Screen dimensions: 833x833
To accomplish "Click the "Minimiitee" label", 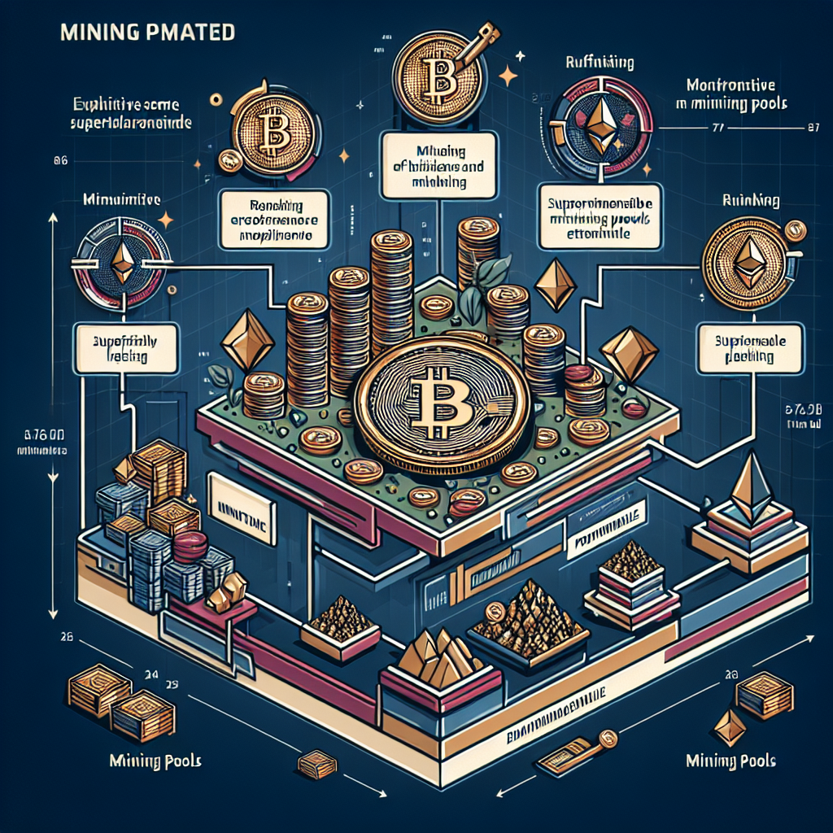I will pyautogui.click(x=121, y=199).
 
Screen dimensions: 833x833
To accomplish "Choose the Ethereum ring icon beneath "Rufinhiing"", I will pyautogui.click(x=603, y=122).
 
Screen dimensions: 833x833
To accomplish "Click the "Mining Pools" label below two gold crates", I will pyautogui.click(x=155, y=761).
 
